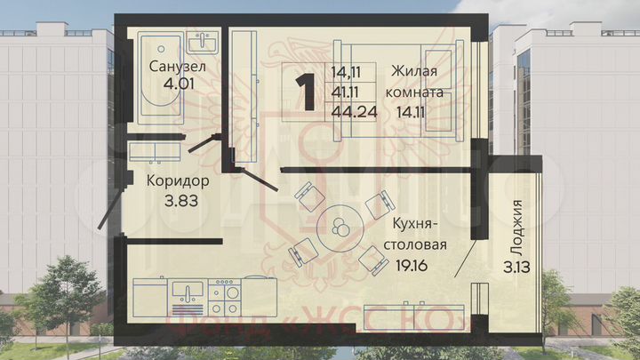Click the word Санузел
click(179, 67)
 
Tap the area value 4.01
click(179, 85)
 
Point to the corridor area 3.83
click(179, 199)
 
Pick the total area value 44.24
click(352, 110)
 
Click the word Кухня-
click(410, 224)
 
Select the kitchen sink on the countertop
click(188, 292)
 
